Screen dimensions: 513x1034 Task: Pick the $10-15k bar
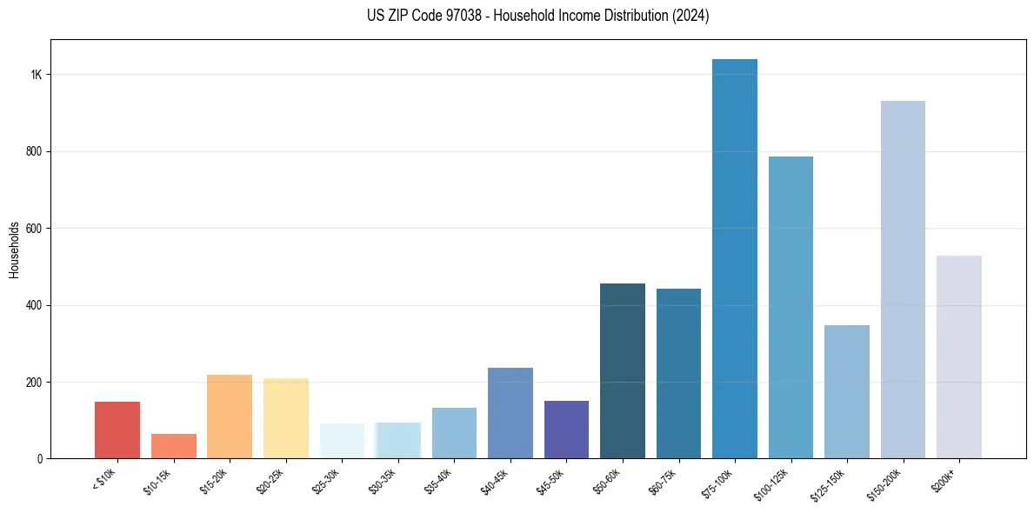coord(173,446)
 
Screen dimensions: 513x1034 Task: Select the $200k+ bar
coord(958,357)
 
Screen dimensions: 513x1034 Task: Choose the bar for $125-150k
coord(846,392)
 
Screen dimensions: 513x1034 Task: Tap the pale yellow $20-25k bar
coord(285,418)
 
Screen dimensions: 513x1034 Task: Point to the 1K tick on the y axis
coord(36,75)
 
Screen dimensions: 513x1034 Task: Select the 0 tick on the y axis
coord(39,459)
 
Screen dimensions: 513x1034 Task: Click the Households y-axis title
coord(14,250)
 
